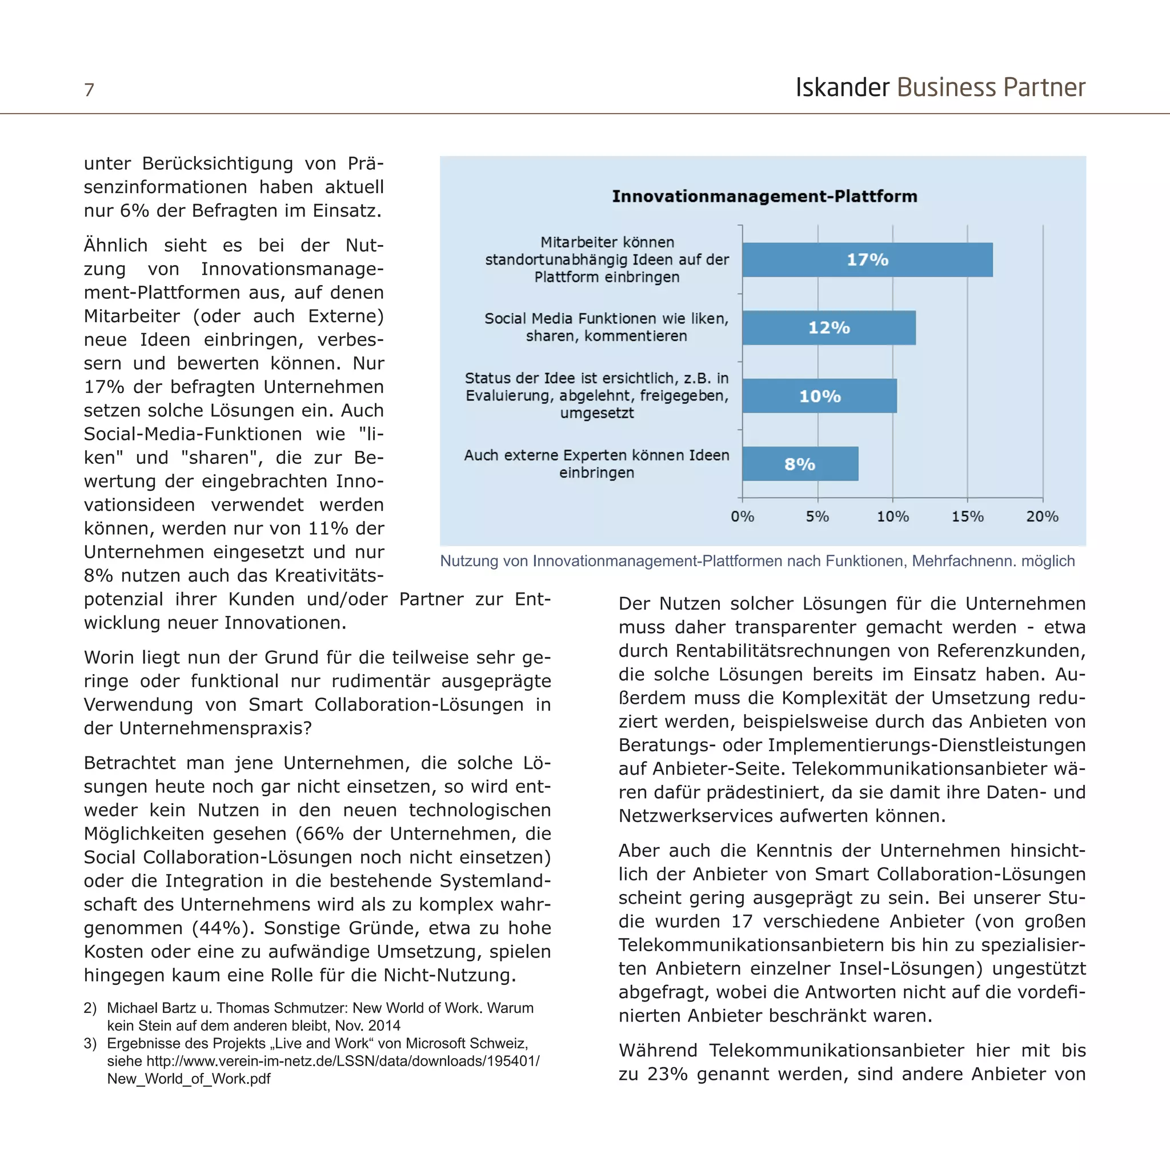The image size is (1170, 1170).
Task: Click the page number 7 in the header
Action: [x=89, y=90]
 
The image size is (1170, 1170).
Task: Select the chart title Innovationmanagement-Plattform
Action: [x=764, y=196]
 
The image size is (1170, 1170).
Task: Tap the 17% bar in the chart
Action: [x=867, y=260]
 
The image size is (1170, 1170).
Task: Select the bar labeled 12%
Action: [x=828, y=327]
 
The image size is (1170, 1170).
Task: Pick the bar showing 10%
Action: [x=819, y=396]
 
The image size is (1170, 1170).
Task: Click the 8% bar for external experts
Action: [x=799, y=464]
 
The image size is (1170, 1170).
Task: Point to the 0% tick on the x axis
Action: [x=742, y=516]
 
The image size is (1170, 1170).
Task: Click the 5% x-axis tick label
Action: [x=817, y=516]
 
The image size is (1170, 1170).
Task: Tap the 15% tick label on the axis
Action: [x=967, y=516]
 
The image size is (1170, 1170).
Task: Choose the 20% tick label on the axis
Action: [x=1041, y=516]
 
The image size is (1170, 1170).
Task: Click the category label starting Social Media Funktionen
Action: [x=606, y=327]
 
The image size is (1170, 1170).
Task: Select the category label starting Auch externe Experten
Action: [x=596, y=463]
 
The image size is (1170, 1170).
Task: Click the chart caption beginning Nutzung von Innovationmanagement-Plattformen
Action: [x=757, y=561]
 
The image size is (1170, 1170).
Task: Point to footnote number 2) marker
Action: [x=90, y=1008]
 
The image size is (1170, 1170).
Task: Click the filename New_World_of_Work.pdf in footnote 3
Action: [x=189, y=1079]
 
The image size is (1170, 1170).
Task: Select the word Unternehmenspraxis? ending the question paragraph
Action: [x=215, y=728]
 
